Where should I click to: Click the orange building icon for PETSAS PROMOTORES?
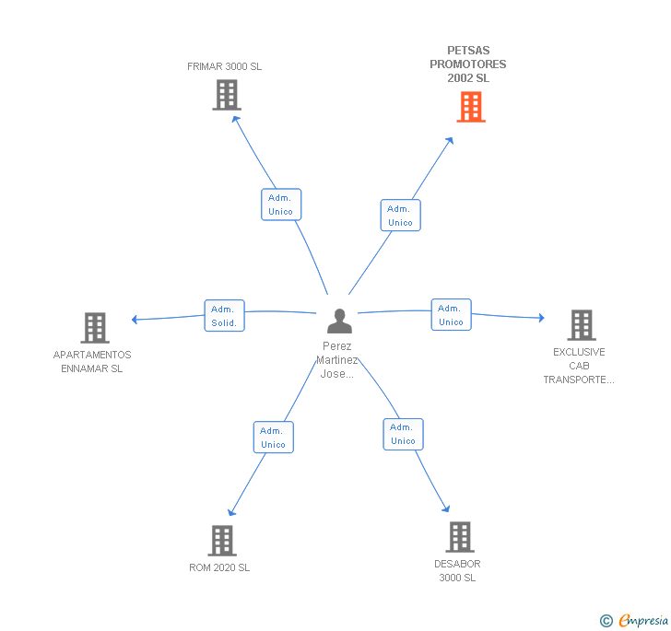tap(471, 107)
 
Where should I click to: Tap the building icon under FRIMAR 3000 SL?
tap(227, 95)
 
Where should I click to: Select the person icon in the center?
tap(339, 321)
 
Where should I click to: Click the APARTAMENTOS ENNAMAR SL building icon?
tap(95, 328)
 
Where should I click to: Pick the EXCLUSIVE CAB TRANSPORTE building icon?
tap(582, 325)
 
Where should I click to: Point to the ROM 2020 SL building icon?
tap(222, 541)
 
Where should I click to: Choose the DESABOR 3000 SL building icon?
tap(460, 537)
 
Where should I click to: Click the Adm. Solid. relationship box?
tap(224, 316)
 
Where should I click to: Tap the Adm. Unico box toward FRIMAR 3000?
tap(281, 204)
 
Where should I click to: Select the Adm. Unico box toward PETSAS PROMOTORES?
tap(401, 216)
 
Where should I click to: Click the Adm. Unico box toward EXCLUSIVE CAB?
tap(451, 314)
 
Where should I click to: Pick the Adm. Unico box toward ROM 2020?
tap(274, 438)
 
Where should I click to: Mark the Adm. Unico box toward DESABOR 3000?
tap(403, 434)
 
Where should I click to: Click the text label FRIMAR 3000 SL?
tap(225, 66)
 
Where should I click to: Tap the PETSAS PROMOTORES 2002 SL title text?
tap(468, 64)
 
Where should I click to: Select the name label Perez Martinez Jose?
tap(336, 360)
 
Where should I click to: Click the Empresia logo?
tap(634, 620)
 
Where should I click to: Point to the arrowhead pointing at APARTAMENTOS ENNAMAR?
tap(135, 319)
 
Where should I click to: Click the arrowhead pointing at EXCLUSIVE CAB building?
tap(542, 318)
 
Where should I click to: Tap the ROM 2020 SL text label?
tap(219, 567)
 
